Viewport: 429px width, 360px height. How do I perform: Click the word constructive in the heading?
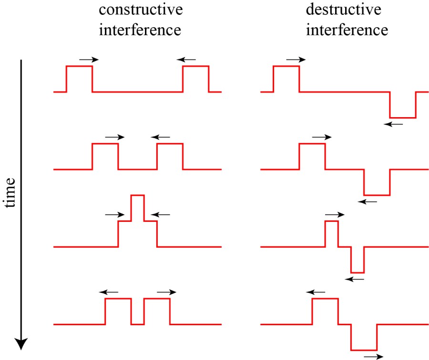pos(142,10)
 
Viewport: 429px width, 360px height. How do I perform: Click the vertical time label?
pos(10,193)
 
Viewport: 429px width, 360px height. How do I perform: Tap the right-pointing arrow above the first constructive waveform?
pos(89,60)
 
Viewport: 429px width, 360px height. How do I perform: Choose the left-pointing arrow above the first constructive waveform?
pos(186,60)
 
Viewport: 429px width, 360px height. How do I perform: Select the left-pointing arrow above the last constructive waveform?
pos(109,292)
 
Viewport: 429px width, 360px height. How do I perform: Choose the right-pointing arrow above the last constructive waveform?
pos(166,292)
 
